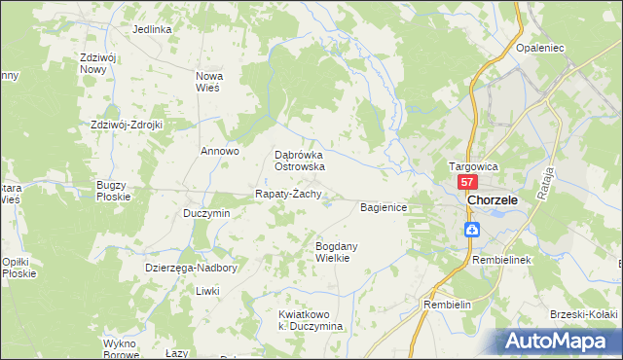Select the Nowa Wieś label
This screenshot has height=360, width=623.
[x=209, y=81]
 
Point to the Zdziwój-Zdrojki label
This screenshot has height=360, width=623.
[x=126, y=125]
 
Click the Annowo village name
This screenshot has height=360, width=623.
[x=219, y=151]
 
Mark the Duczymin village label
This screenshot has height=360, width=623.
[x=206, y=213]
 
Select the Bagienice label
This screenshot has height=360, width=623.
[x=389, y=207]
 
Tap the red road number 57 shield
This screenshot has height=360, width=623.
[x=467, y=183]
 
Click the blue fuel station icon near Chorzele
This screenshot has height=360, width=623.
[x=471, y=230]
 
